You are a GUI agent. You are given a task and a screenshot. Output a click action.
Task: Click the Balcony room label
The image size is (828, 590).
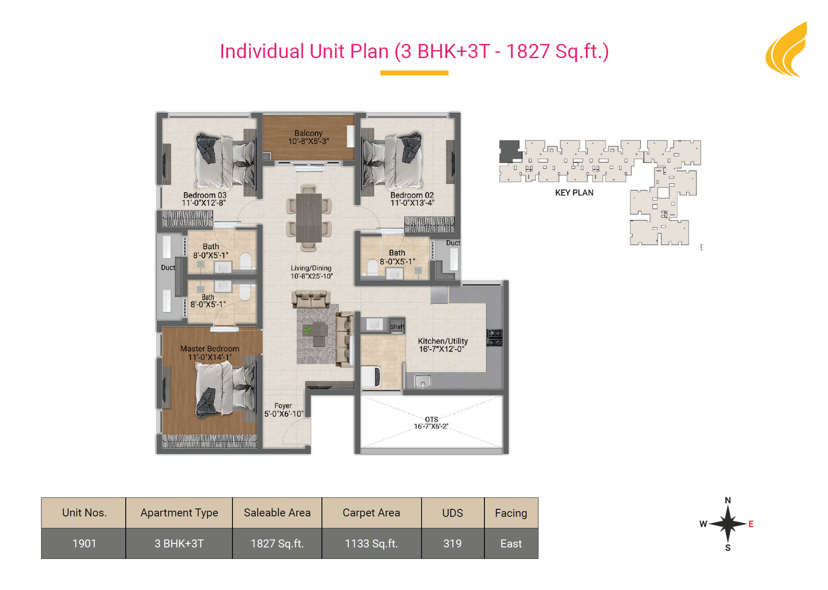pyautogui.click(x=308, y=133)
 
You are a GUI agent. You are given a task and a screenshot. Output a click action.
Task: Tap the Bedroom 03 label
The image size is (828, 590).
pyautogui.click(x=205, y=195)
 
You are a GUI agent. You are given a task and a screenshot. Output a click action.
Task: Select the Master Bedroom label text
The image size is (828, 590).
pyautogui.click(x=210, y=349)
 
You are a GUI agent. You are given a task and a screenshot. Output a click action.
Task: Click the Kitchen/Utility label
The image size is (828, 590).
pyautogui.click(x=443, y=341)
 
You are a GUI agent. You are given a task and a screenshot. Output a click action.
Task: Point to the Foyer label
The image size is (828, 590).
pyautogui.click(x=283, y=406)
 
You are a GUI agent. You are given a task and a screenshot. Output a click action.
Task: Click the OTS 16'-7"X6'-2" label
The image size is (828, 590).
pyautogui.click(x=431, y=422)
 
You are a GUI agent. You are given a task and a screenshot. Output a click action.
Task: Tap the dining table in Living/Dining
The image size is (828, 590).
pyautogui.click(x=308, y=218)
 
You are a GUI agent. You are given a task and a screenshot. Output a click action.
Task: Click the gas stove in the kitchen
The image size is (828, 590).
pyautogui.click(x=494, y=338)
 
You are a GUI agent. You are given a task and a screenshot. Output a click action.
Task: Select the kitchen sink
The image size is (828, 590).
pyautogui.click(x=422, y=381)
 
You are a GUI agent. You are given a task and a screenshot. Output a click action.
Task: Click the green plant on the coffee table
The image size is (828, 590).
pyautogui.click(x=307, y=330)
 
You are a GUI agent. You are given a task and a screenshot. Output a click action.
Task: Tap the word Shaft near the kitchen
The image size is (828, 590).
pyautogui.click(x=397, y=327)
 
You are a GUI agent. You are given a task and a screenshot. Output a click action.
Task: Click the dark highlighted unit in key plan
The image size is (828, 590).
pyautogui.click(x=510, y=151)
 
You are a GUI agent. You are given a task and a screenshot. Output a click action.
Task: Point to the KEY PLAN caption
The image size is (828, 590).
pyautogui.click(x=574, y=193)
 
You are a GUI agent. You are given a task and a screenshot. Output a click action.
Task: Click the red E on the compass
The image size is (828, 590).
pyautogui.click(x=751, y=524)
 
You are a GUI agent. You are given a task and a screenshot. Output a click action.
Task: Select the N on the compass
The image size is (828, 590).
pyautogui.click(x=728, y=500)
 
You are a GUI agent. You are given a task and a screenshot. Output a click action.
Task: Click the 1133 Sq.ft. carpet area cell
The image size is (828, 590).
pyautogui.click(x=372, y=543)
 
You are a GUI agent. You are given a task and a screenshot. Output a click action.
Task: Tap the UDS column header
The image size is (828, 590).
pyautogui.click(x=453, y=513)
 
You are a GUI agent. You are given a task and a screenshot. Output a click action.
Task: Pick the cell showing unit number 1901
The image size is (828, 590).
pyautogui.click(x=84, y=543)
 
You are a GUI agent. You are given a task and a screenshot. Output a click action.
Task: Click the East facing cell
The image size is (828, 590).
pyautogui.click(x=511, y=543)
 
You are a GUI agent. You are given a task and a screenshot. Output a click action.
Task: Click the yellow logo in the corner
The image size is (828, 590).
pyautogui.click(x=787, y=50)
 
